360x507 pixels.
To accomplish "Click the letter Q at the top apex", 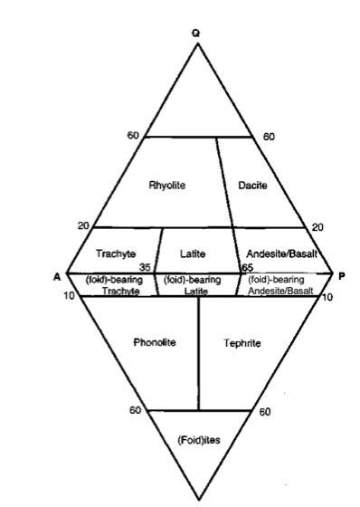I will click(x=196, y=33).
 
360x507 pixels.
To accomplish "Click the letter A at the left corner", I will click(x=57, y=276).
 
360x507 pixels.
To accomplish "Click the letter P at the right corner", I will click(x=341, y=276).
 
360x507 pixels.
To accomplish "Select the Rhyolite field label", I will click(x=167, y=185).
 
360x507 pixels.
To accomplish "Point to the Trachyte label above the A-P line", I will click(x=116, y=254).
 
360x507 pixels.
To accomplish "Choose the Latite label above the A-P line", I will click(x=194, y=254).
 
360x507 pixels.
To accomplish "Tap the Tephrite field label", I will click(x=242, y=343).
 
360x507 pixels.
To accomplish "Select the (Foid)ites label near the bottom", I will click(x=199, y=440).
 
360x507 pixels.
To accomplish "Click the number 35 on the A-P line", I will click(x=144, y=268).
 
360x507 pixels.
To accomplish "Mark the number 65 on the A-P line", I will click(x=247, y=268).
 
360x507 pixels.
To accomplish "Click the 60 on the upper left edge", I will click(x=133, y=136).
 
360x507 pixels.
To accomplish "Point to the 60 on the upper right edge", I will click(x=268, y=137).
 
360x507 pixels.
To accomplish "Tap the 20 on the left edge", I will click(x=84, y=225).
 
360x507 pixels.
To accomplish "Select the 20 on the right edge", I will click(x=317, y=227).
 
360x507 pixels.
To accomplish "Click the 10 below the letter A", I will click(x=69, y=296).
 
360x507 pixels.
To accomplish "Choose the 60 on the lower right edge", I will click(x=265, y=412).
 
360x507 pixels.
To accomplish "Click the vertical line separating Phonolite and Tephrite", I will click(x=199, y=353).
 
